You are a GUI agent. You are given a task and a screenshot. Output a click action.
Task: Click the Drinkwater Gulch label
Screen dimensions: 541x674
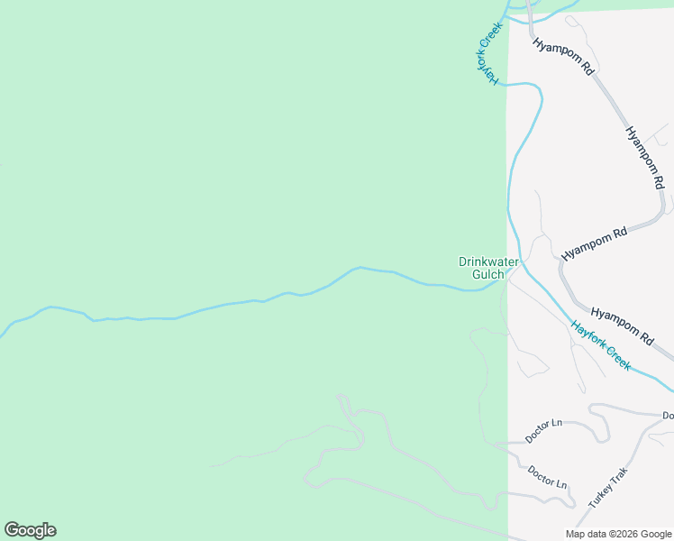click(488, 268)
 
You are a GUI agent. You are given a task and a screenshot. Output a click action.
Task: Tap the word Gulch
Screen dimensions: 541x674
click(488, 274)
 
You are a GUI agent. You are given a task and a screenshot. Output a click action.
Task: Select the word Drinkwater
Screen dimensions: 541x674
click(488, 261)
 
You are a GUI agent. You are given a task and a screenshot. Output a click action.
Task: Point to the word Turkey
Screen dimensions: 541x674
click(599, 495)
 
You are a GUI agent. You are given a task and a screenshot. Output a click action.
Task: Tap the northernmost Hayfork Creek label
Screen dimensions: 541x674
click(487, 53)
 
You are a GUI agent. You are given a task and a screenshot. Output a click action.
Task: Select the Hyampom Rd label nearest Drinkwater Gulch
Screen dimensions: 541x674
click(594, 243)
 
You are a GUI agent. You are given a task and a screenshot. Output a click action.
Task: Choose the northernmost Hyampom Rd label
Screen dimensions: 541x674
click(563, 56)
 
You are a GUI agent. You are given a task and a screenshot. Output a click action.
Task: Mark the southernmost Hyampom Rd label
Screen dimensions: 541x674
click(621, 325)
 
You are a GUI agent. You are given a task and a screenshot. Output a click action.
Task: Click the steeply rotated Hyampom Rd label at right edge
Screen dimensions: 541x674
click(645, 157)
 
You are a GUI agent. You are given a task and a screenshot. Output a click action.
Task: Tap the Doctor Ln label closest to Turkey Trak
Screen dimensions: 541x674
click(548, 476)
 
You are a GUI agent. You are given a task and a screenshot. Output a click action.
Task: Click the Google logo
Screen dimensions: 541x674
click(30, 530)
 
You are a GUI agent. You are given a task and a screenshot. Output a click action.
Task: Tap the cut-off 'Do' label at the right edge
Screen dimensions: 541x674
click(668, 416)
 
